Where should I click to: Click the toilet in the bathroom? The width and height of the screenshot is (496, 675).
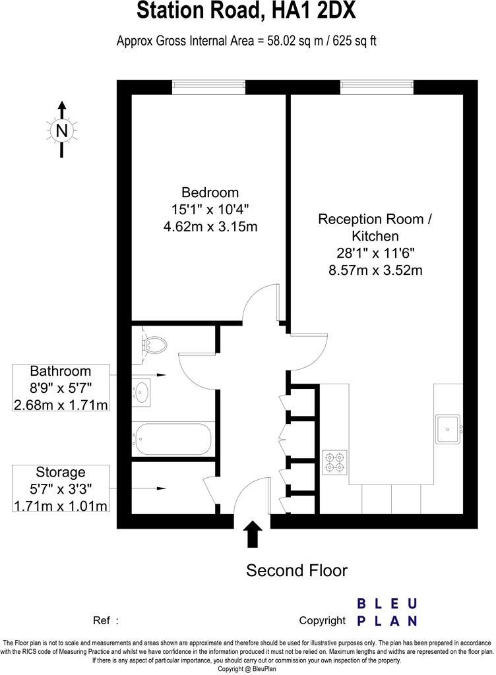click(x=154, y=344)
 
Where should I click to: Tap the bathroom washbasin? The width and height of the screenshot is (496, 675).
click(x=142, y=391)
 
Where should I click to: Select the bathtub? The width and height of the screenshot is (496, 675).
click(x=171, y=438)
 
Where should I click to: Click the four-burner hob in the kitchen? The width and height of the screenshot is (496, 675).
click(x=334, y=461)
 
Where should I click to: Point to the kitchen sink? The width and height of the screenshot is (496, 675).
click(x=449, y=428)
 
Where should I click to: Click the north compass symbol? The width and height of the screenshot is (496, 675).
click(x=62, y=131)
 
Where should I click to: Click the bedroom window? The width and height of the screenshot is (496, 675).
click(x=208, y=86)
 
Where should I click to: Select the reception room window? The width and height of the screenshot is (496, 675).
click(x=377, y=86)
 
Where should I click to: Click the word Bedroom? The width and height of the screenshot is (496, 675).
click(x=210, y=192)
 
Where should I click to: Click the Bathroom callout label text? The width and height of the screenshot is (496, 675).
click(x=61, y=371)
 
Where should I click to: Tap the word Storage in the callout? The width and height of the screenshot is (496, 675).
click(x=61, y=472)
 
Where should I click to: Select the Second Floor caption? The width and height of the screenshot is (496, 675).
click(x=297, y=570)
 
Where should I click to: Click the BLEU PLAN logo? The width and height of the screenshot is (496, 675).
click(x=387, y=612)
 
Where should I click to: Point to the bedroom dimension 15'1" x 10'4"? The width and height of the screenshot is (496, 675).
click(x=210, y=210)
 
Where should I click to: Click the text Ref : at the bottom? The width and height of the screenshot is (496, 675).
click(x=106, y=620)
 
